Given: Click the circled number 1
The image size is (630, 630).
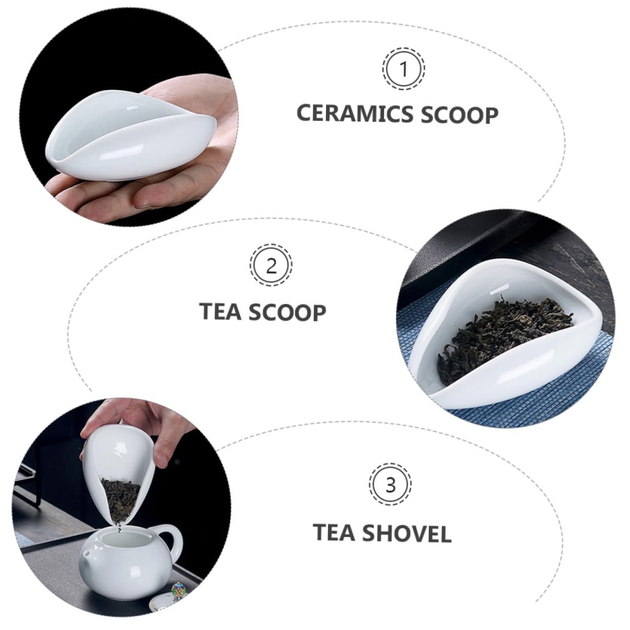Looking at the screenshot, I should point(404,68).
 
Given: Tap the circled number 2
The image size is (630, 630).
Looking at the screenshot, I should point(272,266).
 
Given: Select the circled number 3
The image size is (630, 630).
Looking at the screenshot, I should point(390,485).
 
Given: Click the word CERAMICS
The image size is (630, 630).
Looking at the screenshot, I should point(355,114).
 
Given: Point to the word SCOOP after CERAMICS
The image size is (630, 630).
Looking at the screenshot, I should point(459,115).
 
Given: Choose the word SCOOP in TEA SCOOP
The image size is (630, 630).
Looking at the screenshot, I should point(290,313).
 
